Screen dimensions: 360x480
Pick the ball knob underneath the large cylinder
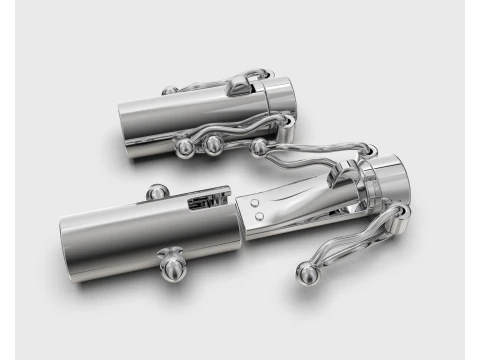coord(172,268)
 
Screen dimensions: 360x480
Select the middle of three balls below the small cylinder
coord(213,144)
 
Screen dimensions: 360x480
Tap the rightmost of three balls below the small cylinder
coord(259,148)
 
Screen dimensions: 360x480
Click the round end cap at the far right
coord(391,185)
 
